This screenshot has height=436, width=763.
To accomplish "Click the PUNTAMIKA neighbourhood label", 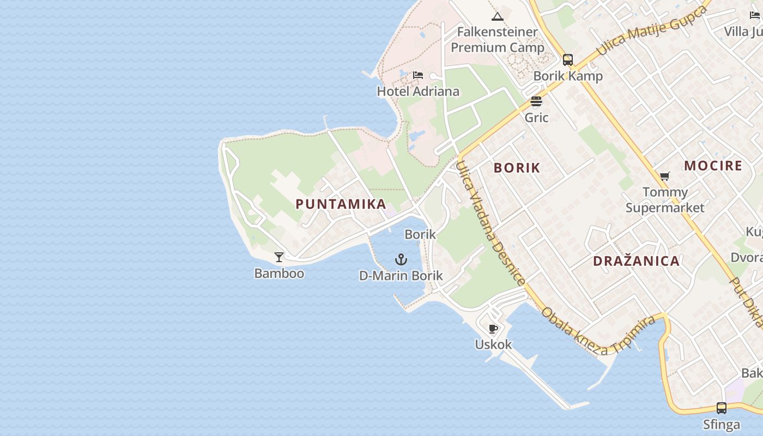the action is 341,204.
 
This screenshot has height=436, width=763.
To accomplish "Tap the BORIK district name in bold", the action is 517,168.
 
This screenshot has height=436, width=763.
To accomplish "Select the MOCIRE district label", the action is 713,166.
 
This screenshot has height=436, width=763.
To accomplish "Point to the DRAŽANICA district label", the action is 636,261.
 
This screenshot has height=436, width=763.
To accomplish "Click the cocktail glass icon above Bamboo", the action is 279,257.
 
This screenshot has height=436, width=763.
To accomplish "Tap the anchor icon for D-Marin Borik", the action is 401,259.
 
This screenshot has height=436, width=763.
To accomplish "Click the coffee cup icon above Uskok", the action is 493,329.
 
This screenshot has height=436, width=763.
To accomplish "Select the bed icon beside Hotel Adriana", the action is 418,75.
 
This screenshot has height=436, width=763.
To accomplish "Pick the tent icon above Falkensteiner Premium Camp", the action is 497,17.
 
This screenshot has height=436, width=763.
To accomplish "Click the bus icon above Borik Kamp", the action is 568,60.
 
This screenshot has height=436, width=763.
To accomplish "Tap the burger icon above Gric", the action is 536,101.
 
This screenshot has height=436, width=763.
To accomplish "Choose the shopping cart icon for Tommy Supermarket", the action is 664,176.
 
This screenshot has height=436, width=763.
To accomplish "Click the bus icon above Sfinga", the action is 721,408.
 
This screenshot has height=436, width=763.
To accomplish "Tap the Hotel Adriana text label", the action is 418,92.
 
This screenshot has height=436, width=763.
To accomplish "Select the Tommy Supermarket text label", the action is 665,200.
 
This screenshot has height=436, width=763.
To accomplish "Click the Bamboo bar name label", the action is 279,274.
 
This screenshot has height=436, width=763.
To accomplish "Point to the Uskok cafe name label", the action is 493,344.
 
